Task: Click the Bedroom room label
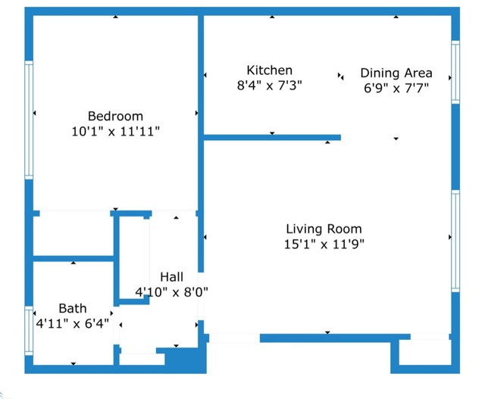[x=115, y=116]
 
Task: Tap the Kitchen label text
[x=269, y=70]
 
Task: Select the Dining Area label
[x=396, y=73]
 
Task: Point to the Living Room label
[x=324, y=229]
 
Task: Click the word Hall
[x=171, y=277]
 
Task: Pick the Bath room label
[x=73, y=308]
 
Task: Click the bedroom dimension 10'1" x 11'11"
[x=115, y=131]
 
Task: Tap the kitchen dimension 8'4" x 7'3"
[x=269, y=86]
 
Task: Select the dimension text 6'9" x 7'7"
[x=396, y=88]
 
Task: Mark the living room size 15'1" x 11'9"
[x=324, y=244]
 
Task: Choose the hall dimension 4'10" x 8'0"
[x=171, y=291]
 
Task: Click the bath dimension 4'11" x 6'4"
[x=73, y=323]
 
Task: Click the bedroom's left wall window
[x=30, y=120]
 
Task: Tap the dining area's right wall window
[x=455, y=72]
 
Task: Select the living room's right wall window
[x=455, y=241]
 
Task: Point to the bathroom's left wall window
[x=30, y=330]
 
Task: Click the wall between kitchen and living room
[x=273, y=138]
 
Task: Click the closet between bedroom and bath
[x=73, y=235]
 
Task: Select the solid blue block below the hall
[x=186, y=359]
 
